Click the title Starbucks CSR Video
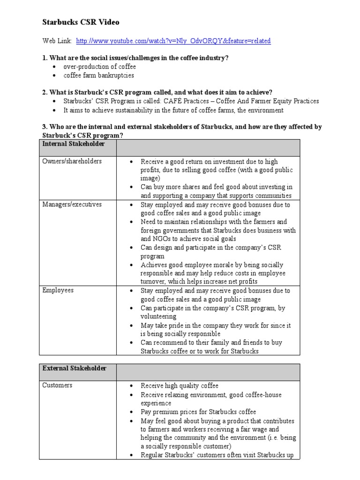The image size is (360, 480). click(81, 22)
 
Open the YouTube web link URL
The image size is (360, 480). click(173, 41)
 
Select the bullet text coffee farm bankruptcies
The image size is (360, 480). click(98, 75)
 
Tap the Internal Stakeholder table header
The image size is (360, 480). click(73, 143)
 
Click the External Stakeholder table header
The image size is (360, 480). click(74, 368)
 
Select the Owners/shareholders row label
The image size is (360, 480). click(72, 161)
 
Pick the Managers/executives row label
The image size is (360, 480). click(72, 204)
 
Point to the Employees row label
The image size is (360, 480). click(58, 290)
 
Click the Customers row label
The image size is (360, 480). click(57, 385)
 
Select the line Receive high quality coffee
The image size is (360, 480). click(180, 386)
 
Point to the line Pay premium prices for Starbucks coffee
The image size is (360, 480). click(198, 412)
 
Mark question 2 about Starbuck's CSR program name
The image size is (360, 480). click(157, 92)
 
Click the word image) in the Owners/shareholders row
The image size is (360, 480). click(150, 179)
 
